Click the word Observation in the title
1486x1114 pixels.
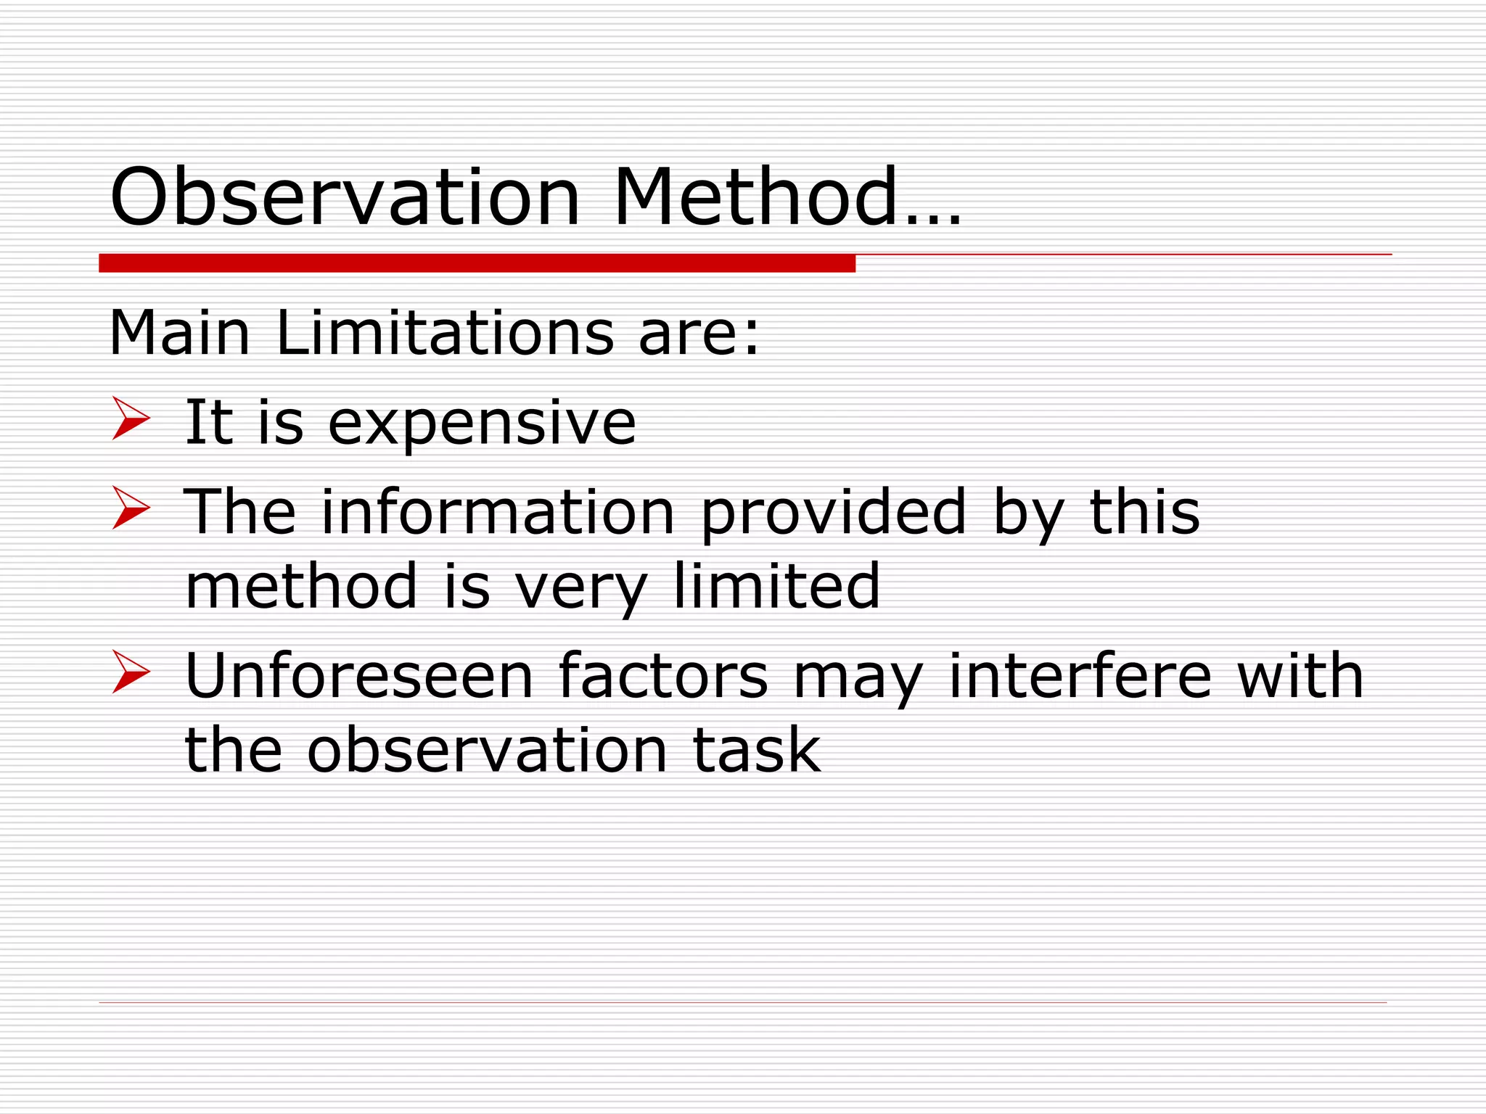coord(345,197)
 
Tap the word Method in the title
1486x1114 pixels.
coord(755,197)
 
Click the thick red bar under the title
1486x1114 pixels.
coord(477,263)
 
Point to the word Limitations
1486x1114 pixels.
coord(445,334)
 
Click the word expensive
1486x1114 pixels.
coord(482,424)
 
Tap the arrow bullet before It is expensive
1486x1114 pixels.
coord(131,418)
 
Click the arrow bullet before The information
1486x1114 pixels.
coord(131,508)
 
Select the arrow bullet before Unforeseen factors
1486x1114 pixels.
coord(131,672)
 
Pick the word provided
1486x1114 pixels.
coord(834,513)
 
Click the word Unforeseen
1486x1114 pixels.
coord(359,676)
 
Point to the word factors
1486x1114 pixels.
coord(663,676)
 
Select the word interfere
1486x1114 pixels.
coord(1080,676)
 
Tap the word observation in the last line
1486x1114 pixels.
coord(487,750)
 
